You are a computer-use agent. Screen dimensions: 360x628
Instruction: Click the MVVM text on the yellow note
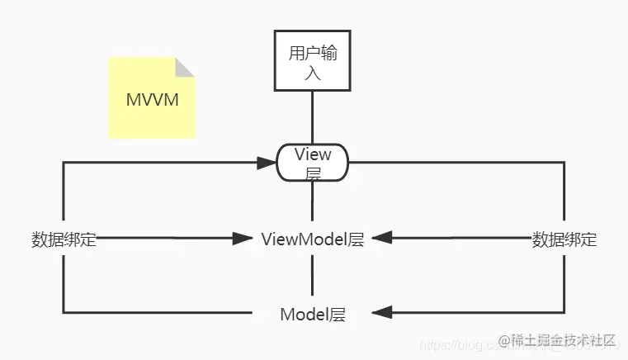(152, 100)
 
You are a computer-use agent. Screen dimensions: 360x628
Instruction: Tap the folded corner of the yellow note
(185, 67)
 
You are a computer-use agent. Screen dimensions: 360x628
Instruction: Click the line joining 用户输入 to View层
(312, 117)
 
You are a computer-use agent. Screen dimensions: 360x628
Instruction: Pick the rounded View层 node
(312, 163)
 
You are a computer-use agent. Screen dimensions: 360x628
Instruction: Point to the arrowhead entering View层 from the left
(266, 163)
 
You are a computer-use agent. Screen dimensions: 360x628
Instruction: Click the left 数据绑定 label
(64, 240)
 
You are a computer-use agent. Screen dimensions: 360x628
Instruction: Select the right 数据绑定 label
(564, 240)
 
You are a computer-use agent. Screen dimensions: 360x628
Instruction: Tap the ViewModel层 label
(312, 239)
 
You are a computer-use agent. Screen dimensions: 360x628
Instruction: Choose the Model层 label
(312, 314)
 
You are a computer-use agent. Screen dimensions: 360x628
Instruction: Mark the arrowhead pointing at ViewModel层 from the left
(243, 239)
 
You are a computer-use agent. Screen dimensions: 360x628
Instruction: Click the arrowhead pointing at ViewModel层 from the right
(381, 239)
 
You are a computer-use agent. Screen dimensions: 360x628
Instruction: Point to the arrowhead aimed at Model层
(381, 313)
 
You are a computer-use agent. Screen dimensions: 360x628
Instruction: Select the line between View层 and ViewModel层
(312, 205)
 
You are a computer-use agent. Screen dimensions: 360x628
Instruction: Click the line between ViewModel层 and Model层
(312, 276)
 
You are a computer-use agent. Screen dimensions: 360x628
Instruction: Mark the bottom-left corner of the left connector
(64, 313)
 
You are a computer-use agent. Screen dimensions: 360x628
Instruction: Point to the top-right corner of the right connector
(564, 163)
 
